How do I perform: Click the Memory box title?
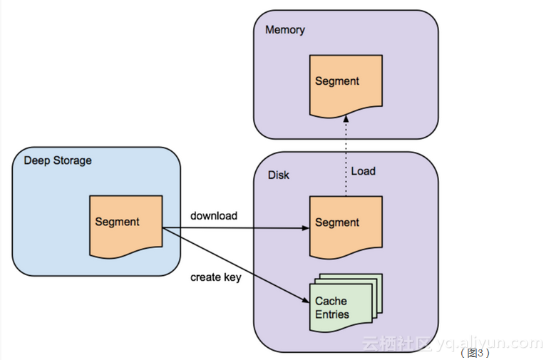284,30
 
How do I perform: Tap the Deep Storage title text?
58,160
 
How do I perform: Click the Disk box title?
279,175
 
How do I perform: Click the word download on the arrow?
214,215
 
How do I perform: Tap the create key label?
215,277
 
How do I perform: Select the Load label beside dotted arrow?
363,172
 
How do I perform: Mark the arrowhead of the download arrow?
305,229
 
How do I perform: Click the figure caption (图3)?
475,352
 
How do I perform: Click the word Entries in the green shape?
332,314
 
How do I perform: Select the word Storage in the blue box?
75,160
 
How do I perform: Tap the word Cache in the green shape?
331,302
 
